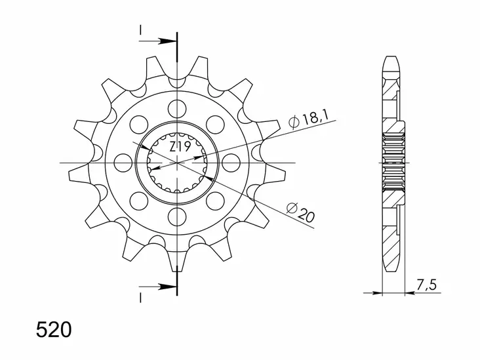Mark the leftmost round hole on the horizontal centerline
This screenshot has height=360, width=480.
(123, 162)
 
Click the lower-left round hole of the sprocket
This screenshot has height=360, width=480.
(139, 200)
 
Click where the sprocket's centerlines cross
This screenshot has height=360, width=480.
(177, 162)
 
